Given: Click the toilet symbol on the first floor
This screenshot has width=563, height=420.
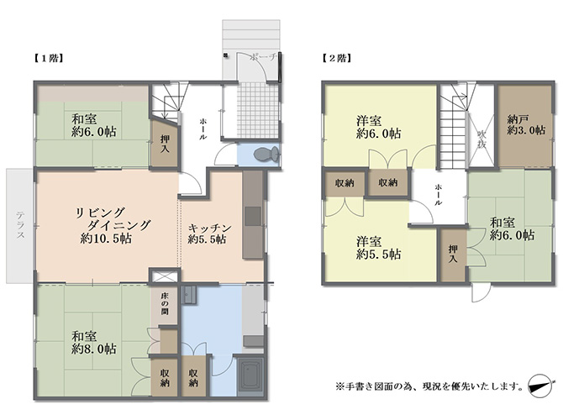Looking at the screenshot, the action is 266,155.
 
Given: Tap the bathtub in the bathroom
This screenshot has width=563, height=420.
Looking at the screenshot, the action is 251,376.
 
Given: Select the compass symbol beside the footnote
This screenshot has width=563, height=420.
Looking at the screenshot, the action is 539,386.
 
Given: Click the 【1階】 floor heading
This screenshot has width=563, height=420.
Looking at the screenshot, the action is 49,59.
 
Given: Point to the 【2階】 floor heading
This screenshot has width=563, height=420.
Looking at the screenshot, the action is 336,58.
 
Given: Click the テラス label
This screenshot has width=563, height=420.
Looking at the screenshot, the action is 20,225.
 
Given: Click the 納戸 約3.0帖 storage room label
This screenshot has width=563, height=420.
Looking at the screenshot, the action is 526,124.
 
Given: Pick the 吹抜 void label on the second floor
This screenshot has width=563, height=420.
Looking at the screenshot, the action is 481,139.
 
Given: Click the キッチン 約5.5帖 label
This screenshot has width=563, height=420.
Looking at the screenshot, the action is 210,234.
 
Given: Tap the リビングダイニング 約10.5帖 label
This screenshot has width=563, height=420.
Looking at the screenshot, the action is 113,225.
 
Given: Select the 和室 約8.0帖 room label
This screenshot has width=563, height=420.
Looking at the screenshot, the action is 93,343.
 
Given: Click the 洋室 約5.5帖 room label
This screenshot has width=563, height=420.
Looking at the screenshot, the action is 379,248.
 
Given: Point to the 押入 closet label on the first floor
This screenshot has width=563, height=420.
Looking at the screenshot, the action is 165,144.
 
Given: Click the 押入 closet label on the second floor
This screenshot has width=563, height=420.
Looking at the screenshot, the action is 453,254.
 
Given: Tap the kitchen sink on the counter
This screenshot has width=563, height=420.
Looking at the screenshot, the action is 253,216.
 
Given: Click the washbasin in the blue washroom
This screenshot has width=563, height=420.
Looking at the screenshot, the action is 189,295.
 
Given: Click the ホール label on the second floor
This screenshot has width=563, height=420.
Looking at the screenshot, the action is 439,195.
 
